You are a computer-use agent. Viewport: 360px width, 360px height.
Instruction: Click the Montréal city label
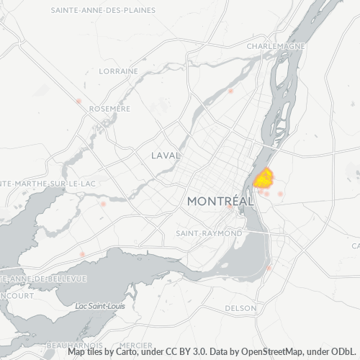coord(220,202)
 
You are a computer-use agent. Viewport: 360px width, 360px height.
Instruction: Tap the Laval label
coord(166,155)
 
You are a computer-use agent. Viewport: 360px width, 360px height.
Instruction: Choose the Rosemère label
coord(109,109)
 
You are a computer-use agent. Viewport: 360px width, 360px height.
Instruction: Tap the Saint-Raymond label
coord(209,234)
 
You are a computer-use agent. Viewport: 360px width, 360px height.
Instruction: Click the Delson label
coord(240,308)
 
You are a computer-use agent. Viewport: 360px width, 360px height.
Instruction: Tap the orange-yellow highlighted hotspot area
coord(264,178)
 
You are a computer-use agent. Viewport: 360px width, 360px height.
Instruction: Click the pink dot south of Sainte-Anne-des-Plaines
coord(78,102)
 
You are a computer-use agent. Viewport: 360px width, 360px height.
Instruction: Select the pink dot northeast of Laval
coord(230,91)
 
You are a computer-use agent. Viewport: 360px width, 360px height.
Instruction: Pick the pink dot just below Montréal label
coord(230,207)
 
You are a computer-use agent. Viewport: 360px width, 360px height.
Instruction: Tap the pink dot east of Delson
coord(269,268)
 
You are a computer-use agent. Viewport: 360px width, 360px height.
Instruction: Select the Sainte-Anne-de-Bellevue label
coord(43,279)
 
